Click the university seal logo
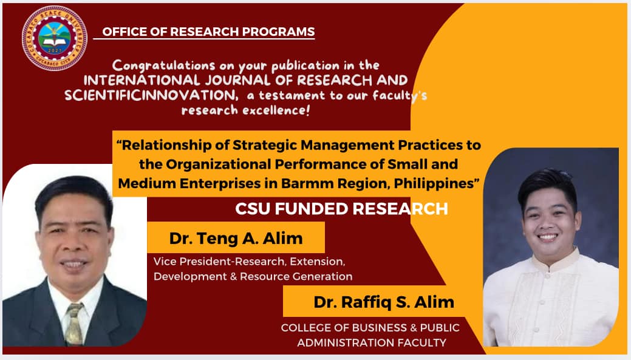coord(55,39)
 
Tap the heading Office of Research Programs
coord(208,32)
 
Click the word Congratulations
coord(163,66)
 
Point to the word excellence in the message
coord(276,110)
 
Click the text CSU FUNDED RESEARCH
coord(342,209)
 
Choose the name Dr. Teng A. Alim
coord(236,238)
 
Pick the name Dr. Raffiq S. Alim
coord(384,302)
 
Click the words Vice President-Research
coord(219,262)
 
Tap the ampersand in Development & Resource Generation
coord(233,277)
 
